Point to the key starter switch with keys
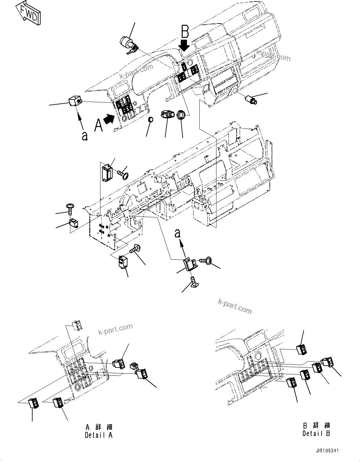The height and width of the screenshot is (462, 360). pos(129,44)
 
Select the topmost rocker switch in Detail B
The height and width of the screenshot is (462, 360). pos(301,349)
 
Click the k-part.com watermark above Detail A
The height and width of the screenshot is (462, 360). pos(115,329)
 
